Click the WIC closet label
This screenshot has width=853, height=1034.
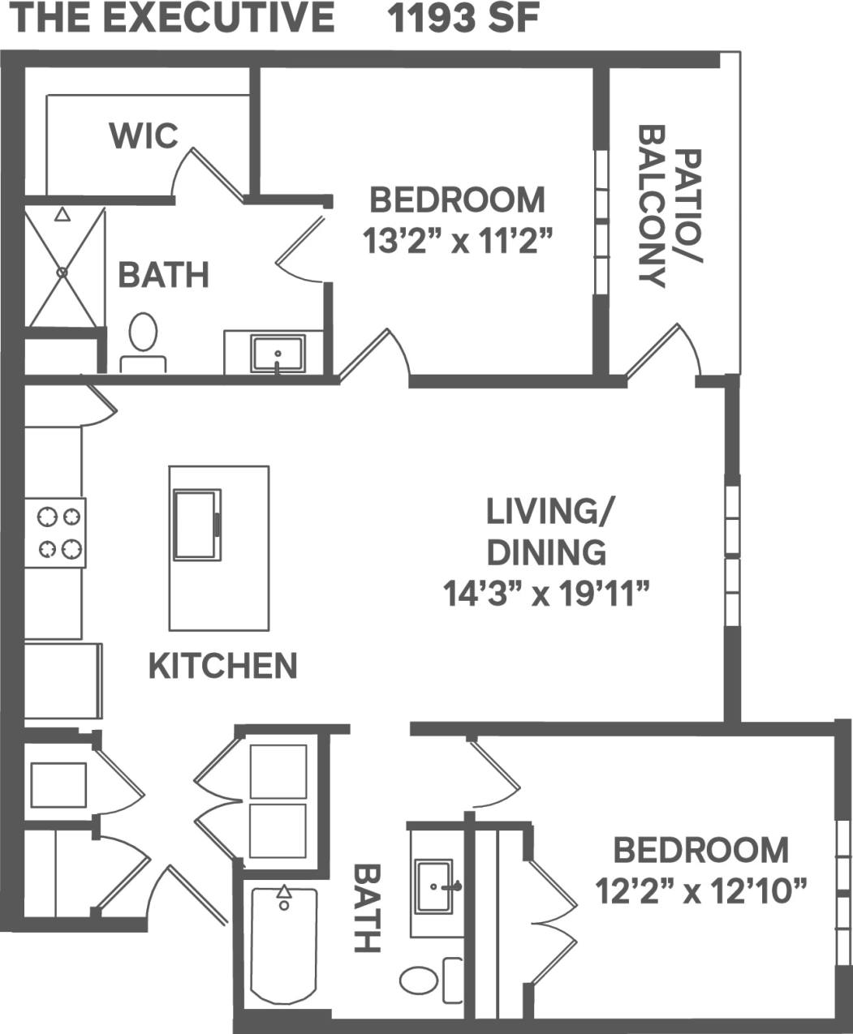pos(144,135)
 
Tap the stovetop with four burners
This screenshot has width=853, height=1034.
pos(55,533)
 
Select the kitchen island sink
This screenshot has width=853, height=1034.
pos(196,525)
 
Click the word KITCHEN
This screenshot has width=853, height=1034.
pos(222,666)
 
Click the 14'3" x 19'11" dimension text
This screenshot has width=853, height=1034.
pos(548,594)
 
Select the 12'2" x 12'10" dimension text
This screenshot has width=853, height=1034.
pos(700,893)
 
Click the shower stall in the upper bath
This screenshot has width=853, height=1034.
pos(63,267)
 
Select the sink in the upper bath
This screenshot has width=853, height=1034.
pos(278,354)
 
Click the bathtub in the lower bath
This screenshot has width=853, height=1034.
pos(282,946)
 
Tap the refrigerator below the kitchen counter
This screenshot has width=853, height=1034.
pos(62,681)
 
